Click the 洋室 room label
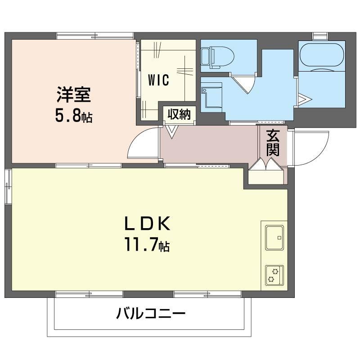74,94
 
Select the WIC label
158,80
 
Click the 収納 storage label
179,114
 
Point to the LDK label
148,223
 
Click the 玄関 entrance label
273,143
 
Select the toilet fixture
217,57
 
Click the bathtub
322,56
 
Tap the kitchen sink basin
274,238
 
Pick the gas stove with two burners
274,275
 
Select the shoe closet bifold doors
266,164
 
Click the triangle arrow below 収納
171,132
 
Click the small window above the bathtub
320,36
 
